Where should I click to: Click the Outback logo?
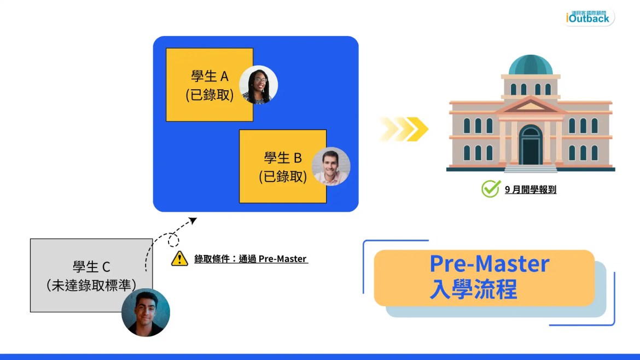click(x=590, y=17)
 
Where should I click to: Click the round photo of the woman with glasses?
click(x=259, y=85)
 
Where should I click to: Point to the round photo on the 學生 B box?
click(x=330, y=166)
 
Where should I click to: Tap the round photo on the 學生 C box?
click(x=146, y=312)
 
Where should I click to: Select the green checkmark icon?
click(x=490, y=189)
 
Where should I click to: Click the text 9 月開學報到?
click(x=530, y=190)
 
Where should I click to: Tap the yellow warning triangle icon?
click(x=179, y=258)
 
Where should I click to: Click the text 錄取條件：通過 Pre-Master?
click(x=251, y=259)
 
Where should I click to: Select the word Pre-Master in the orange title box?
click(x=489, y=264)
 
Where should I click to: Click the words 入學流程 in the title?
click(x=473, y=289)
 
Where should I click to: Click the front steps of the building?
click(x=530, y=168)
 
